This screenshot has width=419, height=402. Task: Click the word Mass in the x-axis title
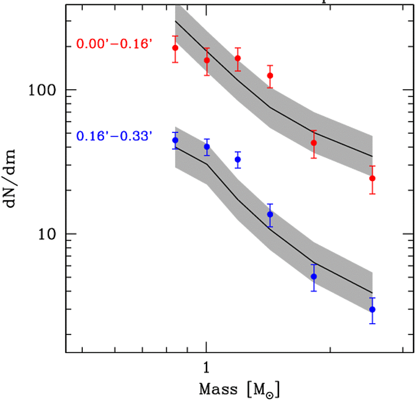point(218,390)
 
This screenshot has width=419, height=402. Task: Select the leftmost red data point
point(175,48)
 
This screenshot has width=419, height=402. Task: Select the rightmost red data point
point(372,178)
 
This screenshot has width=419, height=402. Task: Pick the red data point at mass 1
point(207,60)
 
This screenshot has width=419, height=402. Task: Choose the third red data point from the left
point(238,58)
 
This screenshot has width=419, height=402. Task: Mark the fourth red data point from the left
point(270,76)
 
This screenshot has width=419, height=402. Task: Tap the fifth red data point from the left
point(314,143)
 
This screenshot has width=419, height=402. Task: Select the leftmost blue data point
point(175,140)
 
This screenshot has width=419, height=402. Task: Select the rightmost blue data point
point(372,309)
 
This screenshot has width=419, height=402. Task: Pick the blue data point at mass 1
point(207,147)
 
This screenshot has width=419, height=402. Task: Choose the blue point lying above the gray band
point(238,159)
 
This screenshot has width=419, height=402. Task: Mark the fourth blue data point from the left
point(270,214)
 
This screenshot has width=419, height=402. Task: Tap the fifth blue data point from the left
point(314,276)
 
